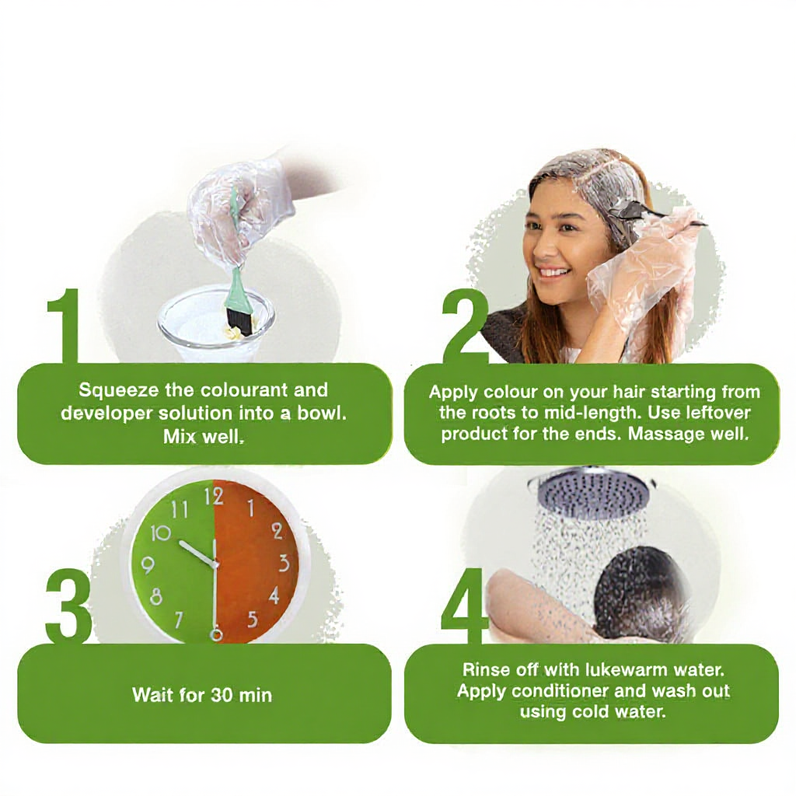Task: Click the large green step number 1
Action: tap(65, 326)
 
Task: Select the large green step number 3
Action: tap(69, 605)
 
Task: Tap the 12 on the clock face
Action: tap(213, 497)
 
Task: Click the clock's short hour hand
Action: tap(198, 553)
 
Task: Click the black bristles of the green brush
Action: tap(240, 323)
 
